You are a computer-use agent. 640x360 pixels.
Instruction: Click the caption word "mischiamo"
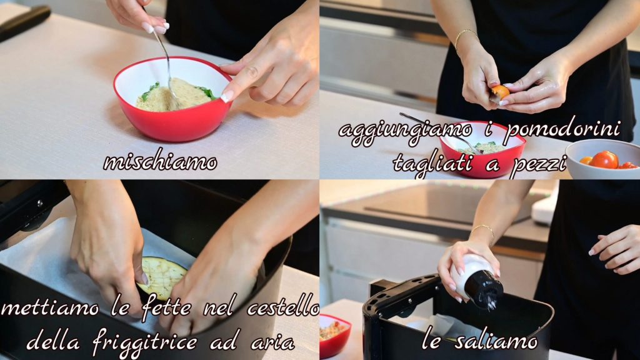[160, 162]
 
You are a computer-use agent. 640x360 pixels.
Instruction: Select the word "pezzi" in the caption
[539, 164]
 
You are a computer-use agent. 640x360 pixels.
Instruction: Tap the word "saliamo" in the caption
[497, 341]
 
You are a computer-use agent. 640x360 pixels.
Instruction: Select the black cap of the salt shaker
[484, 289]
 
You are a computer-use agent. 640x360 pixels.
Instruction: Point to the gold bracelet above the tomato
[464, 36]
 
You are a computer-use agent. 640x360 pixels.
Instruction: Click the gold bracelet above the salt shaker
[484, 231]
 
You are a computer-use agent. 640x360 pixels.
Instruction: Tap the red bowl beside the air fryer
[334, 336]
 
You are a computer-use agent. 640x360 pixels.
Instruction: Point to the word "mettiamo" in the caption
[50, 307]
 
